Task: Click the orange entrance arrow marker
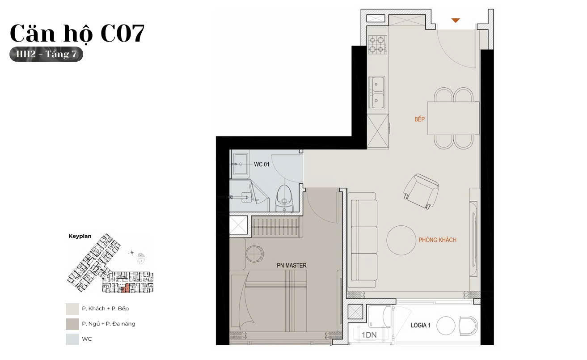[456, 20]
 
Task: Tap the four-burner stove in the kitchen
[377, 45]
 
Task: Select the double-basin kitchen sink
[377, 92]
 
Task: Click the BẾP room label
[419, 119]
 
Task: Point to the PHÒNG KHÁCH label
[437, 240]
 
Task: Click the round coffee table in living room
[401, 240]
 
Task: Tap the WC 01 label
[262, 165]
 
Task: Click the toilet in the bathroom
[284, 199]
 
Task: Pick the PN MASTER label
[291, 265]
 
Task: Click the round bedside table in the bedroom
[254, 253]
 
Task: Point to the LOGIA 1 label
[420, 326]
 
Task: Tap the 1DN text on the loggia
[369, 335]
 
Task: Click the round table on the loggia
[445, 326]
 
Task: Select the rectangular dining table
[453, 118]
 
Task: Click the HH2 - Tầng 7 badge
[46, 54]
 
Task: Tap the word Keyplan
[80, 236]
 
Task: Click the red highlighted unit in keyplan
[126, 288]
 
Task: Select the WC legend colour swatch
[72, 339]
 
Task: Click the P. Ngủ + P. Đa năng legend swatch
[72, 324]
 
